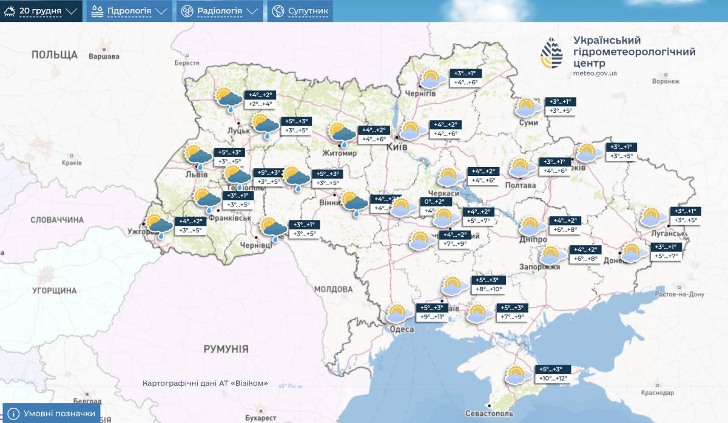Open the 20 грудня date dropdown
pos(41,11)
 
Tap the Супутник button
pos(301,11)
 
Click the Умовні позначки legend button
pos(52,414)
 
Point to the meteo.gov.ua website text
pos(595,73)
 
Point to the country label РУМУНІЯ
pos(226,349)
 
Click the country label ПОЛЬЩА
pos(55,55)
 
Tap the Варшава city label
pos(104,56)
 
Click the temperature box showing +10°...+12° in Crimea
pos(553,378)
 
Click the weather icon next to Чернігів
pos(431,80)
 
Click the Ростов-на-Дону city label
pos(679,294)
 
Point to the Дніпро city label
pos(534,239)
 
